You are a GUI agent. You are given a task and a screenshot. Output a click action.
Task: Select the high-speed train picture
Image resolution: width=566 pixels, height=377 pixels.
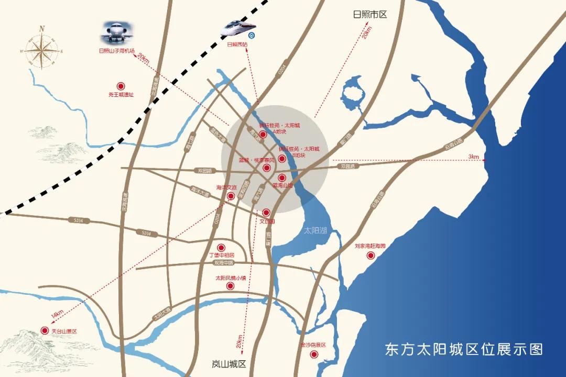tap(240, 29)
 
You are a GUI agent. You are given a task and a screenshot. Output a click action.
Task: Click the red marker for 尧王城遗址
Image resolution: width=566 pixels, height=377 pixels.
tap(121, 86)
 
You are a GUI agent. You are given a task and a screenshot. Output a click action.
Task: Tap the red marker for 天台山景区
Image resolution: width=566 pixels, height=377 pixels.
tap(45, 331)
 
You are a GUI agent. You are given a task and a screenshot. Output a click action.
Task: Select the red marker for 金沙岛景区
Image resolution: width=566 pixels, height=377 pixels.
tap(314, 354)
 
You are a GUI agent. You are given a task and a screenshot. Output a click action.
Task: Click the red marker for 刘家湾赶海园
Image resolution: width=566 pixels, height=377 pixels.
tap(371, 256)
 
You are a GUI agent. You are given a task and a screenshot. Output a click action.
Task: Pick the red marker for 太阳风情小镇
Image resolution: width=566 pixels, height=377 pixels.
tap(230, 286)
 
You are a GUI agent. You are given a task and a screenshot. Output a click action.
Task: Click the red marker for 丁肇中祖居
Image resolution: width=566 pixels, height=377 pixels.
tap(221, 248)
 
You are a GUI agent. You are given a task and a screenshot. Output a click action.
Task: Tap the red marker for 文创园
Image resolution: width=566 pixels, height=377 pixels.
tap(266, 213)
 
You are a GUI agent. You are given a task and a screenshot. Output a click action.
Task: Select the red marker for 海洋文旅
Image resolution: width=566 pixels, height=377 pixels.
tap(231, 196)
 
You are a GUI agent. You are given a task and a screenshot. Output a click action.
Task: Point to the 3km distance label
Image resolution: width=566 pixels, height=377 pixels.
tap(474, 157)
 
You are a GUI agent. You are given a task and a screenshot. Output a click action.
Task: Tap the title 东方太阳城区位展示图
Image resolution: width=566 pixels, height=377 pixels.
tap(464, 349)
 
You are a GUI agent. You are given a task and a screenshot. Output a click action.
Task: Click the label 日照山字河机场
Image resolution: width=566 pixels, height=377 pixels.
tap(117, 51)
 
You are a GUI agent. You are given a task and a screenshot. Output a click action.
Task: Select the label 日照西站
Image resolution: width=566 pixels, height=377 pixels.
tap(237, 45)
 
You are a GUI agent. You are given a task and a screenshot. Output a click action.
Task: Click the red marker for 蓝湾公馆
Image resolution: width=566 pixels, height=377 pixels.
tap(282, 178)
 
